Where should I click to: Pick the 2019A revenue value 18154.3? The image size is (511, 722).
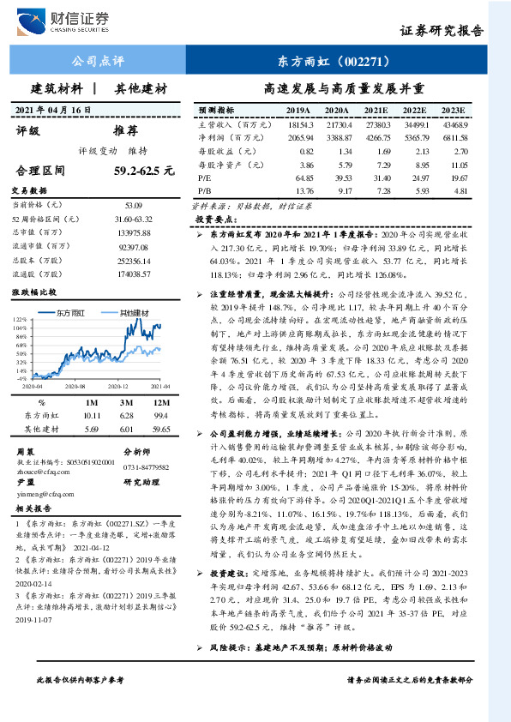point(298,125)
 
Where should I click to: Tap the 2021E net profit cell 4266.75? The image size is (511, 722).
point(374,137)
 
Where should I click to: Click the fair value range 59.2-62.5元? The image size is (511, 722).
point(143,171)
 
